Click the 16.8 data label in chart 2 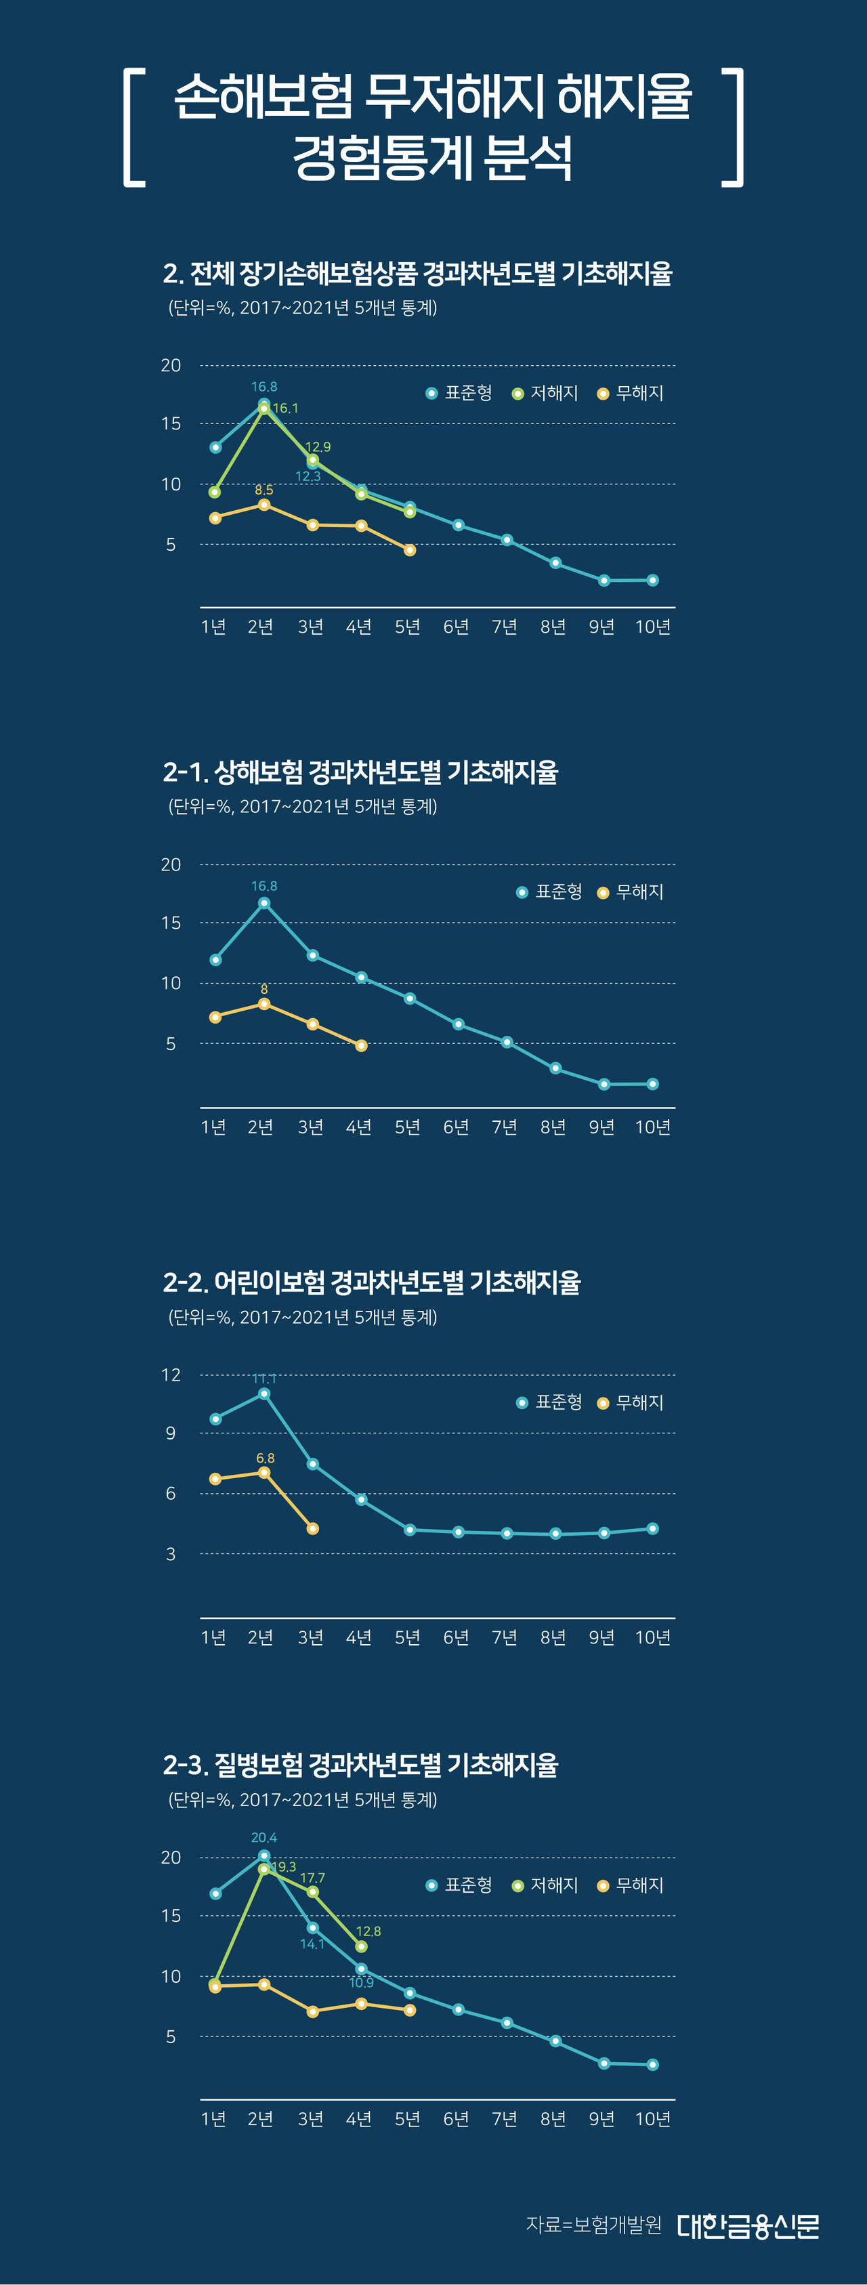coord(264,387)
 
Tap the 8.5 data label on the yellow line coord(264,490)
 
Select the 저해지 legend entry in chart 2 coord(545,393)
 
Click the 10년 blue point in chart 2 coord(652,580)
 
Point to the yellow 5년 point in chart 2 coord(410,551)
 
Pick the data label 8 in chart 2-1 coord(264,989)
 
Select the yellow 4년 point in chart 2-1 coord(361,1046)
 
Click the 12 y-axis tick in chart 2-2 coord(171,1376)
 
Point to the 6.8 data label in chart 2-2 coord(265,1459)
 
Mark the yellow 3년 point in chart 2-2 coord(312,1528)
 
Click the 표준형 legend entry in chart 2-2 coord(549,1402)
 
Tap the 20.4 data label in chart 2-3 coord(264,1838)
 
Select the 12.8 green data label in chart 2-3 coord(368,1931)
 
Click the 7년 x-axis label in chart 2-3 coord(505,2118)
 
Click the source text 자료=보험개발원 coord(594,2225)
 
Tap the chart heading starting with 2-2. coord(371,1282)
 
